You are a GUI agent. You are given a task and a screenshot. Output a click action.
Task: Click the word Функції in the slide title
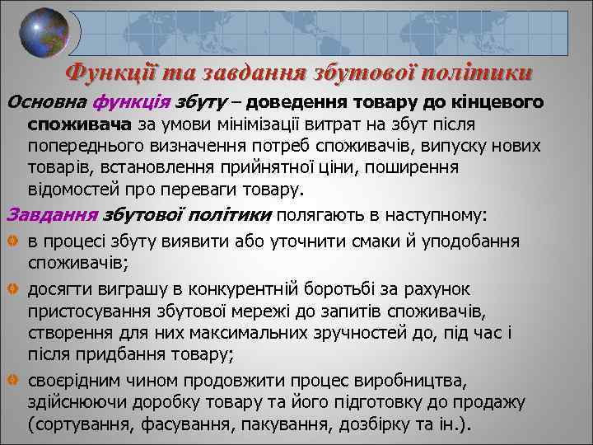(x=108, y=73)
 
